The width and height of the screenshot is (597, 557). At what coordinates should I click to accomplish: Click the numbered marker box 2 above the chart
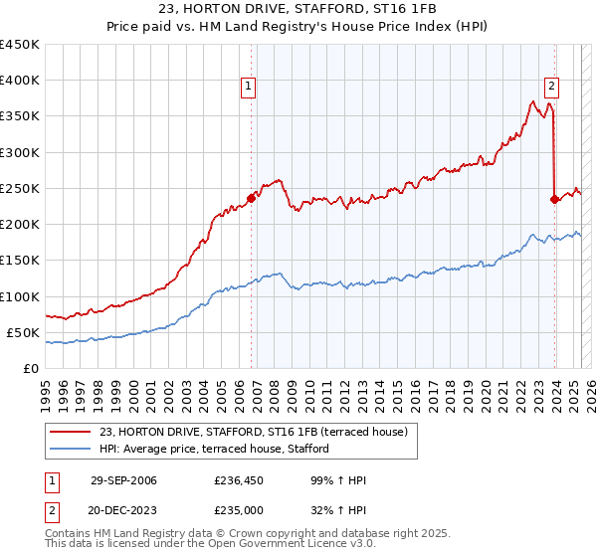tap(551, 87)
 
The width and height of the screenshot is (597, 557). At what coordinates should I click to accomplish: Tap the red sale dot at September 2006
tap(251, 198)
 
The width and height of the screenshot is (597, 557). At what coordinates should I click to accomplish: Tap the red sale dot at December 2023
tap(554, 199)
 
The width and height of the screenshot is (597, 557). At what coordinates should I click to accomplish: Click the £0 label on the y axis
tap(30, 368)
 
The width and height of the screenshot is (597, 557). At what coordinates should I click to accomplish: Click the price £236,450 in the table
tap(238, 480)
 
